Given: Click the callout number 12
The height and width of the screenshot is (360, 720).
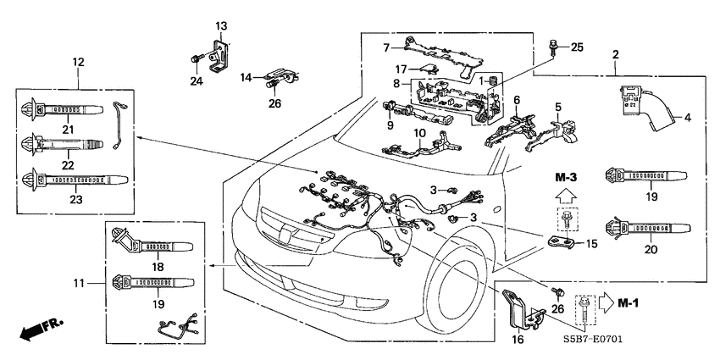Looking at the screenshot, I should click(78, 61).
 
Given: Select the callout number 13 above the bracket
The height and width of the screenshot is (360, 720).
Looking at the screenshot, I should click(220, 26).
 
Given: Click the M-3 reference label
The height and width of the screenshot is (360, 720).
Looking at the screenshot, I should click(566, 178).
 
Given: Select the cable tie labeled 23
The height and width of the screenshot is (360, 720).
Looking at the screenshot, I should click(75, 180).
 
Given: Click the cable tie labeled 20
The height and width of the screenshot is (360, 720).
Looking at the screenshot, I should click(644, 227).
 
